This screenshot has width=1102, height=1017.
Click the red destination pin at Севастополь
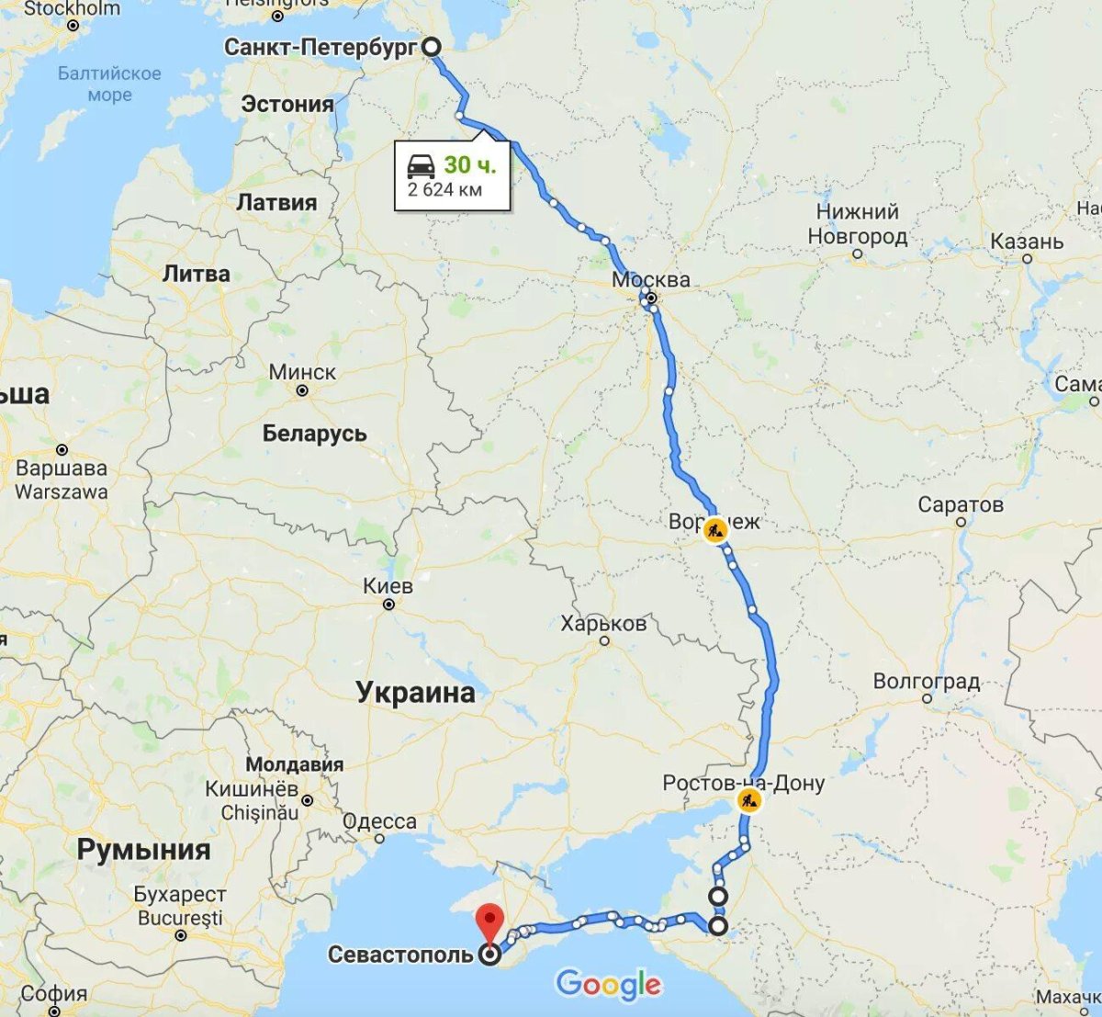click(x=490, y=921)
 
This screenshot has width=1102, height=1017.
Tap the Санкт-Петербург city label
click(x=320, y=47)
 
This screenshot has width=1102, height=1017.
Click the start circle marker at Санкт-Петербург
click(x=431, y=46)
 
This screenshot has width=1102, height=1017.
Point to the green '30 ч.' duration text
click(x=469, y=164)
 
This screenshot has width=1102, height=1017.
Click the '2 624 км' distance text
click(x=444, y=190)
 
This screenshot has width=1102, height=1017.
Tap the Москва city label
click(x=651, y=278)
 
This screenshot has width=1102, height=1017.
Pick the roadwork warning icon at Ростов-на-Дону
click(x=749, y=800)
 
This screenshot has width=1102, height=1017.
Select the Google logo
click(x=608, y=985)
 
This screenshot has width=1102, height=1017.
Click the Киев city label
click(x=388, y=585)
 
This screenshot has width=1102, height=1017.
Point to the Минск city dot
click(x=302, y=390)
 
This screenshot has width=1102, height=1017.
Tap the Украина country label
click(x=415, y=692)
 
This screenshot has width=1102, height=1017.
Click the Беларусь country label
click(x=314, y=433)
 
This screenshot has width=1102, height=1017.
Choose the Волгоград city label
click(x=926, y=682)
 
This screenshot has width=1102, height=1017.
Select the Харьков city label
click(x=603, y=624)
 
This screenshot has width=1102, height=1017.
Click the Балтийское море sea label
click(x=109, y=83)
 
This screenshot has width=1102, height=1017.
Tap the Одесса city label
click(x=379, y=821)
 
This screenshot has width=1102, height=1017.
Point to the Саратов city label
click(x=961, y=504)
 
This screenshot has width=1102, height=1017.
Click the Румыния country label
click(x=143, y=849)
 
